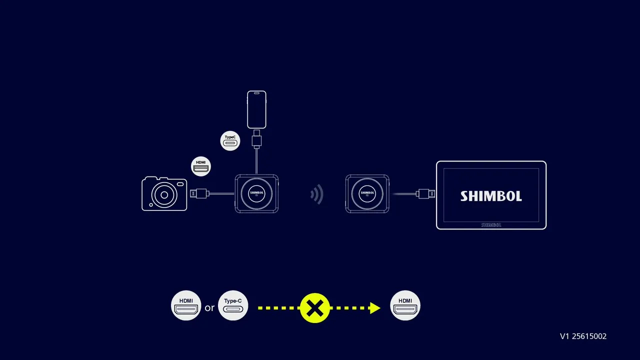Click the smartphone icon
coord(256,109)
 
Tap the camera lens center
coord(164,195)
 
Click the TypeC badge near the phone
coord(230,141)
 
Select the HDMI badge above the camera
coord(201,166)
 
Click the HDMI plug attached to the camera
coord(199,193)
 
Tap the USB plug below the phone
coord(256,139)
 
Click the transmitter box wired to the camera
coord(256,193)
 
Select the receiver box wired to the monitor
coord(367,193)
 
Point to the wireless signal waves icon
coord(317,194)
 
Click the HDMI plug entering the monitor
coord(425,193)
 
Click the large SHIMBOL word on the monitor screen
coord(491,196)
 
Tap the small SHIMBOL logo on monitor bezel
coord(491,225)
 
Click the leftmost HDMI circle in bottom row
coord(186,305)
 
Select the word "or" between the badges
coord(209,307)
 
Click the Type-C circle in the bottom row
coord(233,305)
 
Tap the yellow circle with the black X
coord(315,308)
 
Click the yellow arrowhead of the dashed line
coord(375,308)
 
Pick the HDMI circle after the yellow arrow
coord(405,305)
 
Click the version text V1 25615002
coord(583,336)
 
